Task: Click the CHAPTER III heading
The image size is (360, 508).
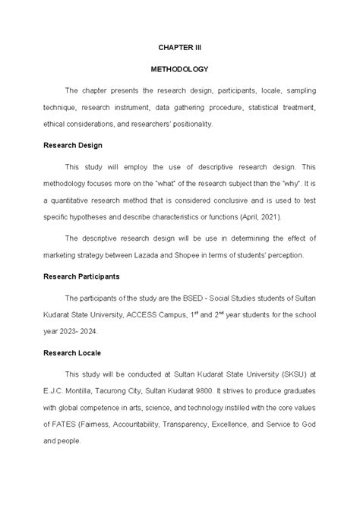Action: pos(180,47)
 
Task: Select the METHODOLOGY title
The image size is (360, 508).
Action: pos(180,68)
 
